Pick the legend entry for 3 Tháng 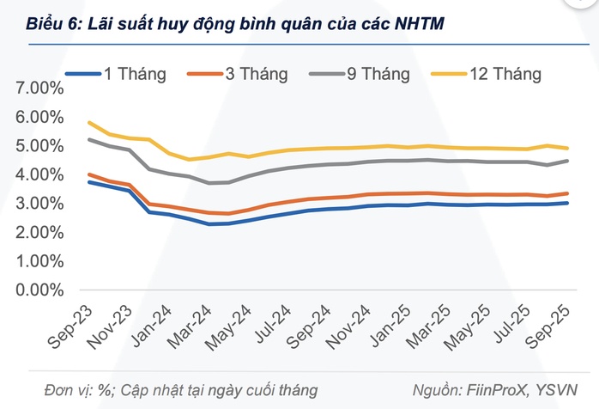[241, 74]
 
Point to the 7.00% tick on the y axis [39, 89]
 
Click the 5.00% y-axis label [39, 146]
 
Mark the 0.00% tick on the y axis [39, 290]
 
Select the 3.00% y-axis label [39, 204]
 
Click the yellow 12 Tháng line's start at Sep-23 [89, 123]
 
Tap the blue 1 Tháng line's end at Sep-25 [567, 203]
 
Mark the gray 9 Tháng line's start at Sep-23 [89, 139]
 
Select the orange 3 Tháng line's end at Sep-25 [567, 193]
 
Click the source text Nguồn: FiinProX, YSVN [505, 390]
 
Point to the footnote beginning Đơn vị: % [171, 390]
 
